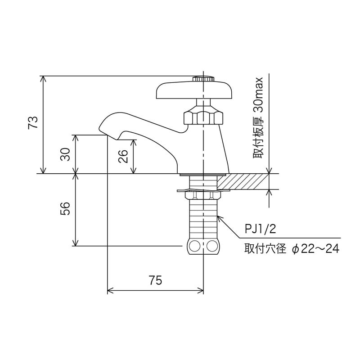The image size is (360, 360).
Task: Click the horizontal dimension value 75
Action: click(x=155, y=280)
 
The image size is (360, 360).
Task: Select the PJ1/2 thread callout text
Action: click(x=260, y=229)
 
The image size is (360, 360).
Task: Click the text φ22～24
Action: click(x=315, y=249)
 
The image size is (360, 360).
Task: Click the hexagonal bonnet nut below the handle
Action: click(x=203, y=117)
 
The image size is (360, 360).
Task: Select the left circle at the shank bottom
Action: click(x=195, y=246)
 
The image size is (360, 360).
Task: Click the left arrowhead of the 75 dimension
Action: click(x=110, y=291)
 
